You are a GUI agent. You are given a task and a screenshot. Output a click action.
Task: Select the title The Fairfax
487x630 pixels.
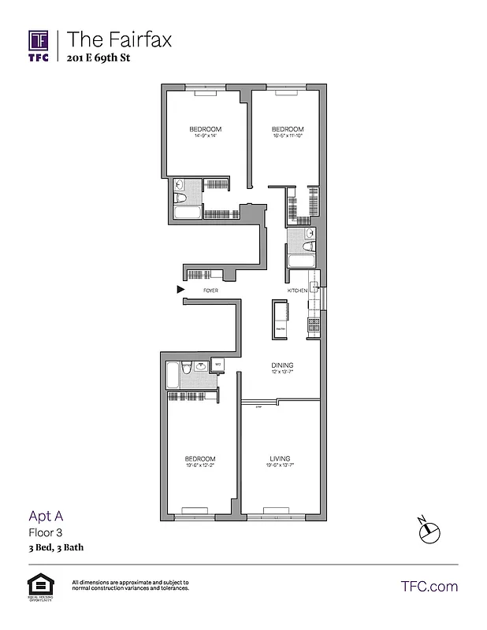click(119, 39)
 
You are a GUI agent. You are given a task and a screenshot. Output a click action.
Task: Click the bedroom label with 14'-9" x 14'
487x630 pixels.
click(204, 132)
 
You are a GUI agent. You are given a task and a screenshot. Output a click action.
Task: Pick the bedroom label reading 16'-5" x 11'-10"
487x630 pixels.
click(288, 132)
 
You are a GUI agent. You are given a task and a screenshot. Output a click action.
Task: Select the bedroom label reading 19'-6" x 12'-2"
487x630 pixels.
click(200, 461)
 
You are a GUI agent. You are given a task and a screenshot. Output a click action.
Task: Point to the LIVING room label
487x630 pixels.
click(280, 461)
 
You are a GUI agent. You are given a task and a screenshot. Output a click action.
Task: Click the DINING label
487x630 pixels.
click(282, 369)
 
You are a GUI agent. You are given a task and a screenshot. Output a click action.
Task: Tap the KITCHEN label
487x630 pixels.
click(297, 291)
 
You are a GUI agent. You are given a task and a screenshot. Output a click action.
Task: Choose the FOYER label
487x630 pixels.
click(210, 291)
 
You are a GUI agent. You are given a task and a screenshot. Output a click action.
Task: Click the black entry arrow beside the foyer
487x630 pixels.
click(180, 290)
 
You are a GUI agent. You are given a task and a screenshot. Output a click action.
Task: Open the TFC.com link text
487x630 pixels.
click(429, 586)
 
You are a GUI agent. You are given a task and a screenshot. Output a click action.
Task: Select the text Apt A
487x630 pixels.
click(45, 517)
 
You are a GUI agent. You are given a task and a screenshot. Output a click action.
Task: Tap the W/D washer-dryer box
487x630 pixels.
click(218, 365)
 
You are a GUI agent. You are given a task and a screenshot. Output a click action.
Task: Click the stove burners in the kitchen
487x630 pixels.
click(314, 322)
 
